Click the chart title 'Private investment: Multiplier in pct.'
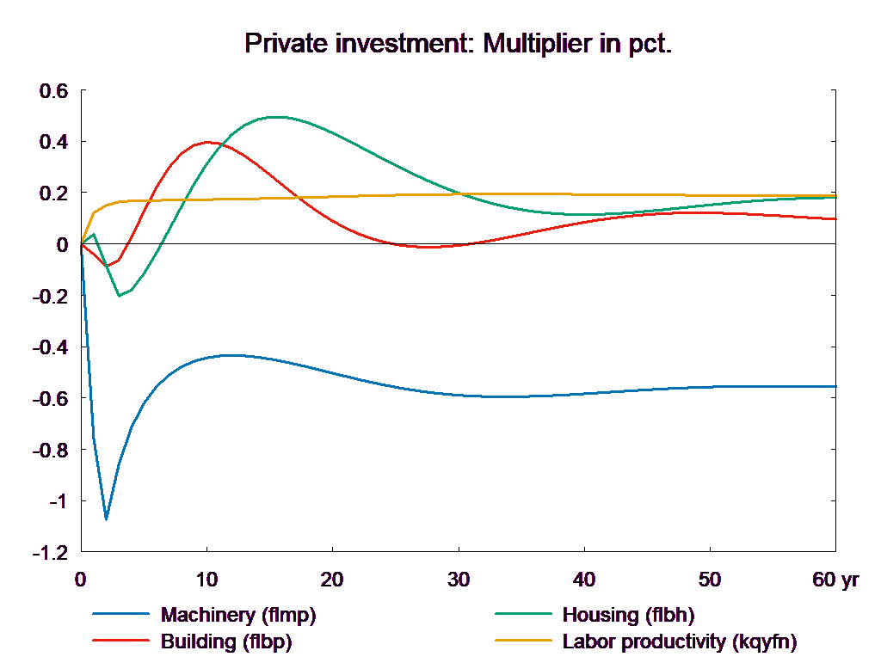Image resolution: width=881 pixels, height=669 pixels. [x=458, y=43]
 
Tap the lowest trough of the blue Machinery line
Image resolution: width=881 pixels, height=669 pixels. [x=106, y=519]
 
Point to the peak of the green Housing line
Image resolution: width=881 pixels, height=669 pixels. [x=274, y=117]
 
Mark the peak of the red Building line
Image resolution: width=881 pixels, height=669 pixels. [x=206, y=142]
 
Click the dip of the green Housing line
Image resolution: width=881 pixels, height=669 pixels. [x=120, y=296]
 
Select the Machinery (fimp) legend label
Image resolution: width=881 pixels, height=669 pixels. [x=238, y=615]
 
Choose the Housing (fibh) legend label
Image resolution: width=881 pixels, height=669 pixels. [x=627, y=615]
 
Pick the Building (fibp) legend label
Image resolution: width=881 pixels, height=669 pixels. [x=226, y=641]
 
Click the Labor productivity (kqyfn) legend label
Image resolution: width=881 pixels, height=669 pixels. [x=679, y=641]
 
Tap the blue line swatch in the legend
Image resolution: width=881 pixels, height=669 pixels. [x=122, y=615]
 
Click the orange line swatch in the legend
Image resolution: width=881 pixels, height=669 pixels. [x=524, y=641]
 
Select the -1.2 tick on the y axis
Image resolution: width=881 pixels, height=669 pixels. [x=50, y=553]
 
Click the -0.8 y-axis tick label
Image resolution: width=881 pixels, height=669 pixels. [x=50, y=450]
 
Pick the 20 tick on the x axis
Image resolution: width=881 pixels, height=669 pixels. [x=332, y=580]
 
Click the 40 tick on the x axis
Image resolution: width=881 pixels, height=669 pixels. [x=583, y=580]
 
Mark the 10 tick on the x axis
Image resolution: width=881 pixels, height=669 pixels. [x=206, y=580]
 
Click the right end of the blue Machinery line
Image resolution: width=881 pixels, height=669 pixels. [x=836, y=386]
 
